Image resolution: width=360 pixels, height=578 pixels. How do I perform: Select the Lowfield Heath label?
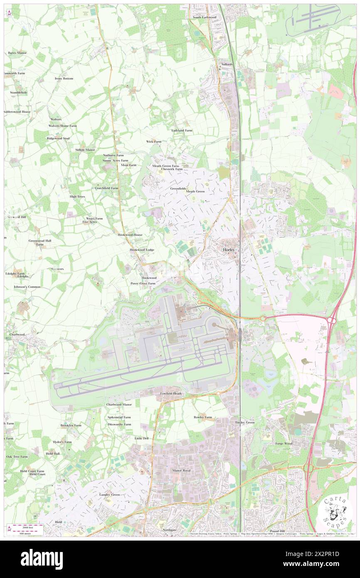(x=171, y=393)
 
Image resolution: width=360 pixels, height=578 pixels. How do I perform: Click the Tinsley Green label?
(x=245, y=422)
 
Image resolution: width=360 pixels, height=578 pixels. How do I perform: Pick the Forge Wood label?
(x=284, y=443)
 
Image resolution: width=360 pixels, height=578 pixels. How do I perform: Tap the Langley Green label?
(x=109, y=494)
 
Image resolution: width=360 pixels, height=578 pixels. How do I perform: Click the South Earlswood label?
(x=204, y=17)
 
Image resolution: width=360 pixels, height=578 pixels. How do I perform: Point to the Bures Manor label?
(x=17, y=53)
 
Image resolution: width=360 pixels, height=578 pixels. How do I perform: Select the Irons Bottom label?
(x=64, y=78)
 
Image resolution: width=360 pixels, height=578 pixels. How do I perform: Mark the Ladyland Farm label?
(x=182, y=130)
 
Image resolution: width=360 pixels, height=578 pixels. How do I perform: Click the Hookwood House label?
(x=130, y=235)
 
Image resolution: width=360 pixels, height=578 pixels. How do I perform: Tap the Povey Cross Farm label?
(x=143, y=283)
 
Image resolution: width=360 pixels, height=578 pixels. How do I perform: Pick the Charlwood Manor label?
(x=119, y=404)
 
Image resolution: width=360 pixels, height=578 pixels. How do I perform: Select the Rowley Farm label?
(x=202, y=417)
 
